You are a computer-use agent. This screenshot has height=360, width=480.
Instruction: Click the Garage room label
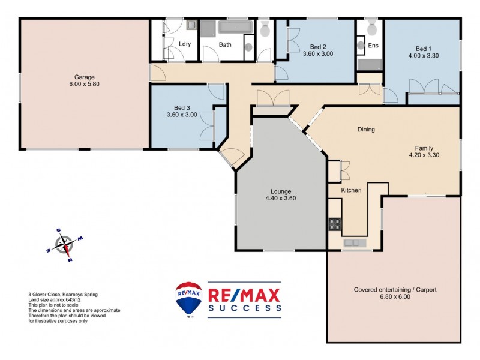click(x=85, y=77)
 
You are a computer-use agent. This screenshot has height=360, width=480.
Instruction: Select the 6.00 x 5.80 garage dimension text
click(x=85, y=85)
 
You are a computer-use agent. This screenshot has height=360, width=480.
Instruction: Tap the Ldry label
click(x=185, y=44)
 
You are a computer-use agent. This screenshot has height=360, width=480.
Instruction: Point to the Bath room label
click(x=225, y=44)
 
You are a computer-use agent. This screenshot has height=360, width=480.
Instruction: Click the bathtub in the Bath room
click(x=236, y=28)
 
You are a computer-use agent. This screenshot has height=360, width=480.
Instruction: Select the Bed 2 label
click(x=318, y=46)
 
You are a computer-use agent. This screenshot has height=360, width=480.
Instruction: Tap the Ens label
click(x=373, y=45)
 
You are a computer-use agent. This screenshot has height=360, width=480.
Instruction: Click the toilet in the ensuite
click(x=371, y=27)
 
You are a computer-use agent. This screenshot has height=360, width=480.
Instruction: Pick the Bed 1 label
click(x=423, y=49)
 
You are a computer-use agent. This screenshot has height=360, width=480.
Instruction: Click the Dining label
click(x=366, y=129)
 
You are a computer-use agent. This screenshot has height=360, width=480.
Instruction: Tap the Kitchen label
click(x=351, y=190)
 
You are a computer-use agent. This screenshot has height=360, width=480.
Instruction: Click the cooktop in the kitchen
click(x=335, y=224)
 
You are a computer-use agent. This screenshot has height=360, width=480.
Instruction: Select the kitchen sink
click(x=353, y=242)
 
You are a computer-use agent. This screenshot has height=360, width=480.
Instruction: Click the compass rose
click(x=64, y=244)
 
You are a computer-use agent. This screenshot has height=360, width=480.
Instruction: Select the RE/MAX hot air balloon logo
click(x=188, y=299)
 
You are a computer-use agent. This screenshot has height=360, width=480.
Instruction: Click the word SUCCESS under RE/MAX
click(x=244, y=308)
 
